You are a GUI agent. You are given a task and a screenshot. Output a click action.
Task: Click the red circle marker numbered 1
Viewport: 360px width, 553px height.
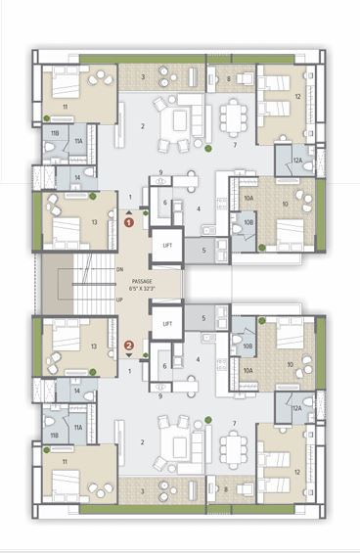pyautogui.click(x=128, y=223)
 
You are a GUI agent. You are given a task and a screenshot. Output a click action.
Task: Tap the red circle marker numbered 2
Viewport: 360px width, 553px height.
pyautogui.click(x=128, y=345)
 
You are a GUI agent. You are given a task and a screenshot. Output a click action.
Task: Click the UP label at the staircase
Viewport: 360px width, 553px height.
pyautogui.click(x=119, y=300)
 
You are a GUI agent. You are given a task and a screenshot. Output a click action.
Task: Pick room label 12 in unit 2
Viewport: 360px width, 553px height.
pyautogui.click(x=297, y=471)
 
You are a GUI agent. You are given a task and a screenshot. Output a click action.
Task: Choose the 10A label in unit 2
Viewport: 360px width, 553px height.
pyautogui.click(x=248, y=370)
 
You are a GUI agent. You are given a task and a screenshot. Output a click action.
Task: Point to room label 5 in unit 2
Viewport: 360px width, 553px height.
pyautogui.click(x=202, y=318)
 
